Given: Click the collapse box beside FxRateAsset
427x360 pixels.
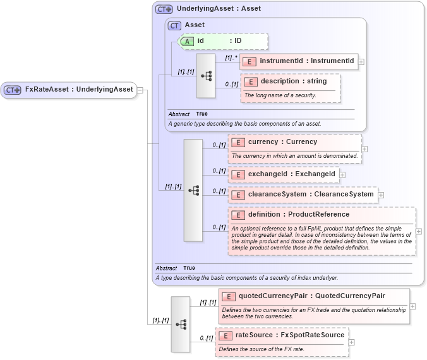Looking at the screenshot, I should (140, 90).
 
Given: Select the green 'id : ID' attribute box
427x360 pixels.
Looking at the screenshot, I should (224, 41).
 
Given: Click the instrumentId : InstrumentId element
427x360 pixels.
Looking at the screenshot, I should (300, 61).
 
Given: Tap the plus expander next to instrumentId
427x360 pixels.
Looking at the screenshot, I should (361, 62).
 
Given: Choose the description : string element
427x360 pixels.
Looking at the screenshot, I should (291, 81).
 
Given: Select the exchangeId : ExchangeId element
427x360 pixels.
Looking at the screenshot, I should (284, 174).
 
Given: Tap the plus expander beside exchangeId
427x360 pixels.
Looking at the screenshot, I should (343, 174).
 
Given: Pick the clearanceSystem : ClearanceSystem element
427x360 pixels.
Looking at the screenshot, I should (303, 195).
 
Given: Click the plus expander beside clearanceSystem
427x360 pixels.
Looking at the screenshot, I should (381, 195).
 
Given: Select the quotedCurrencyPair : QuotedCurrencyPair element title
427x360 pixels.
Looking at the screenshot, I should (311, 296).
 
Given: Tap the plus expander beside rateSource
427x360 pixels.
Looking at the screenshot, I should (352, 342).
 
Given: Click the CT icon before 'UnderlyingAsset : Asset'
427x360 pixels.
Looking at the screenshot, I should (164, 9).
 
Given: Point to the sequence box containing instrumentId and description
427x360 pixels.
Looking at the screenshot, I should (206, 75).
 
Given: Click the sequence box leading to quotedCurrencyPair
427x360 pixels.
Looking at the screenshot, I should (180, 324).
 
